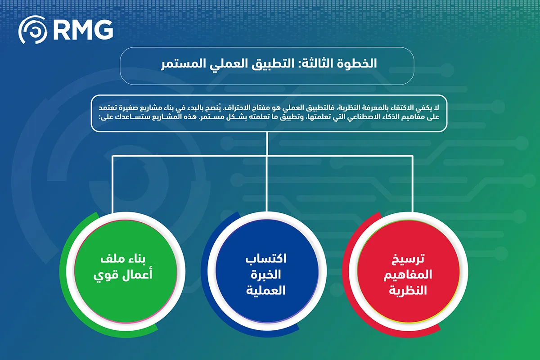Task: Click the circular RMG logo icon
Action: (33, 30)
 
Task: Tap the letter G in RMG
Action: (103, 30)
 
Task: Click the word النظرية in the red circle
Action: (408, 290)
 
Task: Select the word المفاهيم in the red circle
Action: (408, 274)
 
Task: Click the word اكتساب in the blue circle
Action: (266, 259)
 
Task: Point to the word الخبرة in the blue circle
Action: (266, 274)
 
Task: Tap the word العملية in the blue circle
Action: (266, 290)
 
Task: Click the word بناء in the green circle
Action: (136, 259)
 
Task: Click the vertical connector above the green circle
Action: (112, 184)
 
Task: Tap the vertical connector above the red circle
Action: (413, 184)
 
